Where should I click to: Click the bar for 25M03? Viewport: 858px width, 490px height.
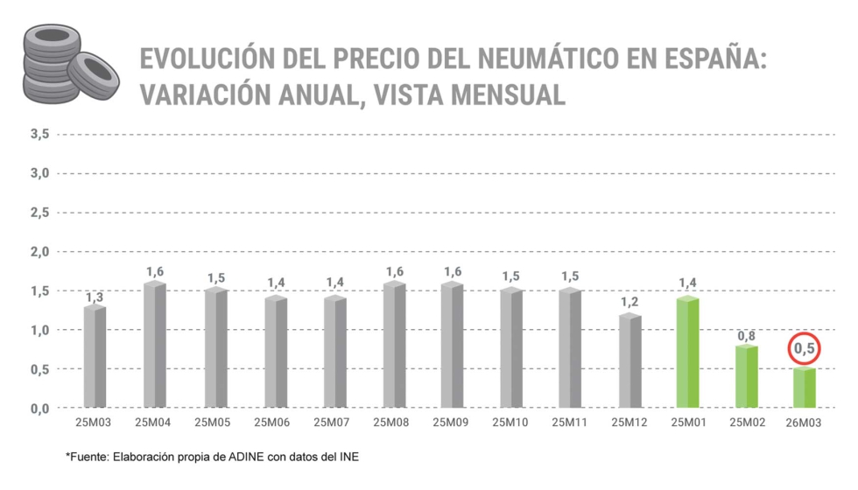(x=95, y=356)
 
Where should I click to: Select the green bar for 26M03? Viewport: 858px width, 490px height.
(x=805, y=388)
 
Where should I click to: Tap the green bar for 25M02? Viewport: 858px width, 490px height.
(x=746, y=376)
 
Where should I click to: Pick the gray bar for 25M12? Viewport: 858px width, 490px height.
(x=629, y=360)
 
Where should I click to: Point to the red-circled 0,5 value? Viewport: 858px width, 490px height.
(x=805, y=349)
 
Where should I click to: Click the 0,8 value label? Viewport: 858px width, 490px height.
(x=746, y=335)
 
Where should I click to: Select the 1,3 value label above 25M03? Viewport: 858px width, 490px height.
(x=95, y=297)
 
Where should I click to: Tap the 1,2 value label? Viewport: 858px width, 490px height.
(x=629, y=303)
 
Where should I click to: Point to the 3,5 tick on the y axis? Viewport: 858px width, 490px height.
(x=39, y=134)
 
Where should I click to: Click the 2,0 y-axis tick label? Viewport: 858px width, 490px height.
(x=39, y=252)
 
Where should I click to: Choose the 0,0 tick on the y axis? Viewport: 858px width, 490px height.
(x=39, y=409)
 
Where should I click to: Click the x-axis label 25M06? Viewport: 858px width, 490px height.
(x=273, y=423)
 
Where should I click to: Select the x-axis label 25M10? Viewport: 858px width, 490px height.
(x=510, y=423)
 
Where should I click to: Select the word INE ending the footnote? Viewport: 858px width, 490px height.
(x=348, y=457)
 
